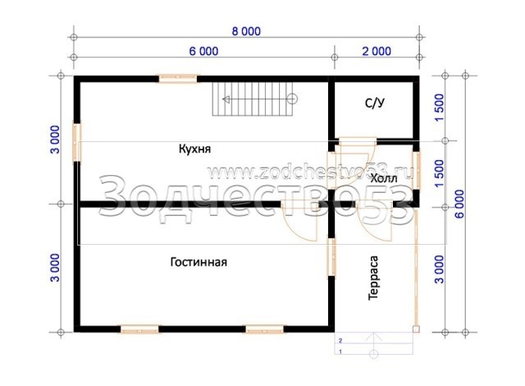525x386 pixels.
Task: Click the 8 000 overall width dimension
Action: (246, 31)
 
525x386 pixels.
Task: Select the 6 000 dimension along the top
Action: (203, 51)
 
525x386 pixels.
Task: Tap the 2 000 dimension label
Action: (377, 51)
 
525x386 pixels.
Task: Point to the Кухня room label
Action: (194, 149)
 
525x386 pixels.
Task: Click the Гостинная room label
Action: (199, 262)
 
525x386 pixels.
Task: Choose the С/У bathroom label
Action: (375, 103)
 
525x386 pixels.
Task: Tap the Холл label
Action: (384, 178)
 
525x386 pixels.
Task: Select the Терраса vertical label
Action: (373, 278)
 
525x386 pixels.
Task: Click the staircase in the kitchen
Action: (253, 99)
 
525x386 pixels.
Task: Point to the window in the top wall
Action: (178, 79)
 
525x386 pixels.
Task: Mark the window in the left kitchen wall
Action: (77, 143)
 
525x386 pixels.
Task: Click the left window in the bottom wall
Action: (139, 329)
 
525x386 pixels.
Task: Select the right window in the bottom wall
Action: (264, 329)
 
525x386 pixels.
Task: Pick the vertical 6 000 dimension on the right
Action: (459, 204)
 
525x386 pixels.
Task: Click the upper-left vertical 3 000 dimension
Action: (55, 140)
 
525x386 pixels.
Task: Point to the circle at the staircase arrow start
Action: (292, 99)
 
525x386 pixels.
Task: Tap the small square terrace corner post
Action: (416, 329)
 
